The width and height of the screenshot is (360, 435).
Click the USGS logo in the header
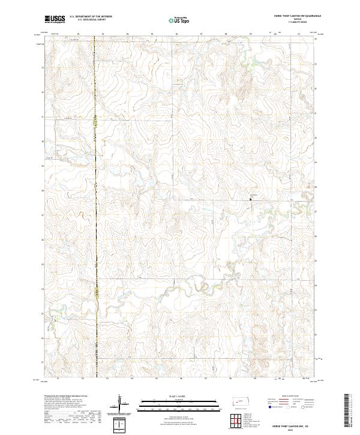[55, 19]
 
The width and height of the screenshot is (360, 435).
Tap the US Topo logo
[176, 20]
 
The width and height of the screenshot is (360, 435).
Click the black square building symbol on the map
[250, 199]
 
